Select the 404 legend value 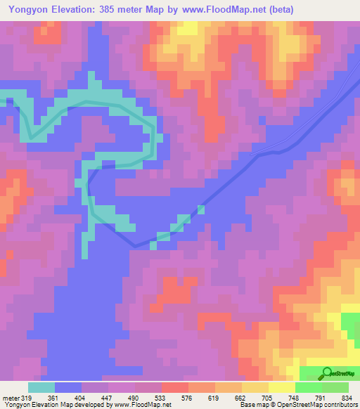[82, 396]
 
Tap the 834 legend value [347, 396]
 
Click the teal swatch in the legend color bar [41, 387]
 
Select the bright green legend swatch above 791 [309, 387]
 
